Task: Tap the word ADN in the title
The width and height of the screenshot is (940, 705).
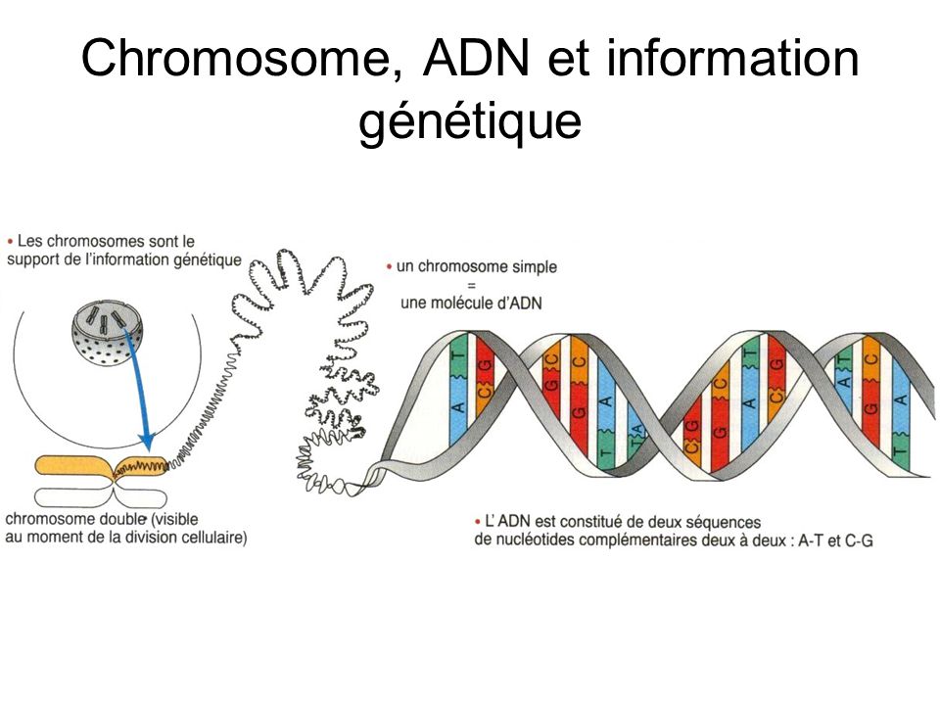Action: point(477,58)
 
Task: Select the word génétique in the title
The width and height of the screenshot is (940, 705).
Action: point(470,121)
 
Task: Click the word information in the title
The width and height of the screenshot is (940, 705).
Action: point(733,58)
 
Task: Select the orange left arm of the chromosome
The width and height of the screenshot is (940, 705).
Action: point(73,466)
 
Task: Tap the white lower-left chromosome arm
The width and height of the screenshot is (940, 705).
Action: point(73,497)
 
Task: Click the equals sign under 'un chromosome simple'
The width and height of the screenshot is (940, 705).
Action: point(471,286)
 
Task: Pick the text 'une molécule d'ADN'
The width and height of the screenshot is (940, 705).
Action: point(471,304)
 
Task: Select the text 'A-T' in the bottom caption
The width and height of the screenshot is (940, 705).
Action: point(810,541)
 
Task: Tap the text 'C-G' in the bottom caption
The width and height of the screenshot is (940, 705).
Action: point(859,541)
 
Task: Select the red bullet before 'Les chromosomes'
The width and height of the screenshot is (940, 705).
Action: point(10,242)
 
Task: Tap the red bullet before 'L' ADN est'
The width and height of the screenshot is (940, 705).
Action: point(478,522)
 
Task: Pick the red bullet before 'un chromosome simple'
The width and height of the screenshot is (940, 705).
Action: point(390,266)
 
